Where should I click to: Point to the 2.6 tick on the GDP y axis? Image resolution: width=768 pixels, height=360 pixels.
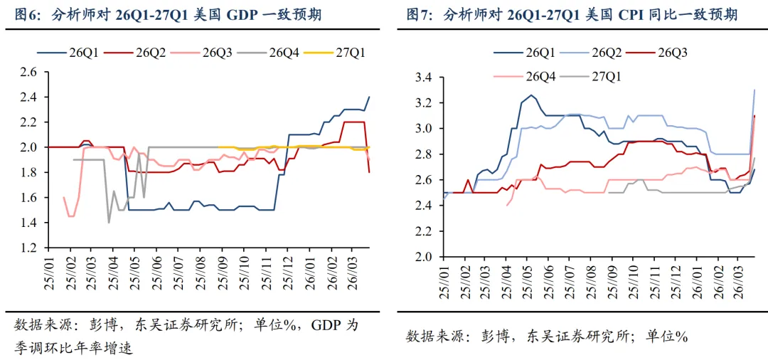click(x=28, y=73)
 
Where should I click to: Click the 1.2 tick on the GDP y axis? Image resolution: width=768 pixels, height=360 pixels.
click(x=28, y=248)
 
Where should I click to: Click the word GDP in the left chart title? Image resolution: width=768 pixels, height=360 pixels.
click(x=241, y=15)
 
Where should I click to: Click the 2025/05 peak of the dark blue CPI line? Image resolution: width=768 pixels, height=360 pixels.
click(x=530, y=95)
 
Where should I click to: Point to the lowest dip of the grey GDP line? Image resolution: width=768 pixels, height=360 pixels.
click(x=109, y=223)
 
